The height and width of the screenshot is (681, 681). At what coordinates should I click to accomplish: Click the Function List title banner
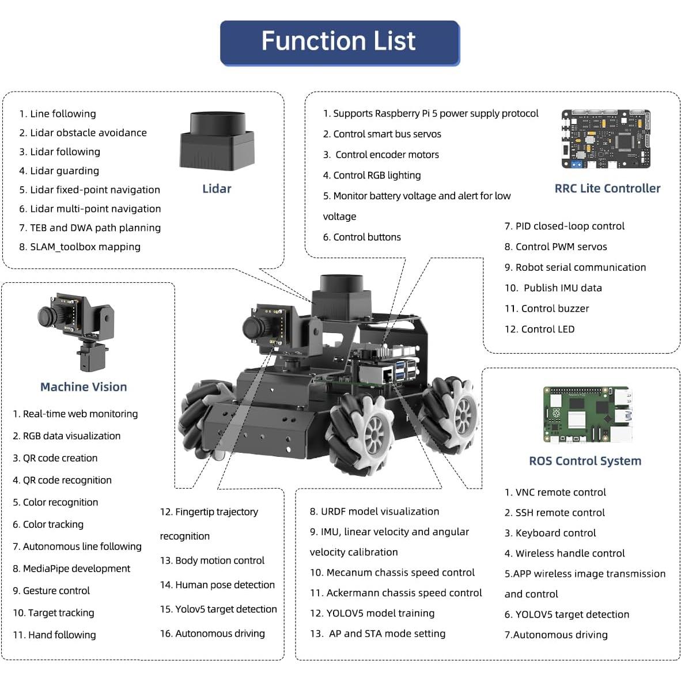coord(339,43)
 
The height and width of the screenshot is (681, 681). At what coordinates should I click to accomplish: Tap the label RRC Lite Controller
coord(607,188)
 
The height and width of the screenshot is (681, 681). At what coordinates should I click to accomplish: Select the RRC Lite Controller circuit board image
coord(606,139)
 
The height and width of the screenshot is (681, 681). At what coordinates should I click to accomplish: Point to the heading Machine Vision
coord(84,387)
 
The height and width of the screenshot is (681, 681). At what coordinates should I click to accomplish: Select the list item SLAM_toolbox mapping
coord(85,247)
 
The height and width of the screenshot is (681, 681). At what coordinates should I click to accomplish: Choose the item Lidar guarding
coord(64,171)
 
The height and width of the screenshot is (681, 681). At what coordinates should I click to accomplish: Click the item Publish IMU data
coord(562,288)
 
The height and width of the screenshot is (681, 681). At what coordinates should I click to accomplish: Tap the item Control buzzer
coord(554,309)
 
